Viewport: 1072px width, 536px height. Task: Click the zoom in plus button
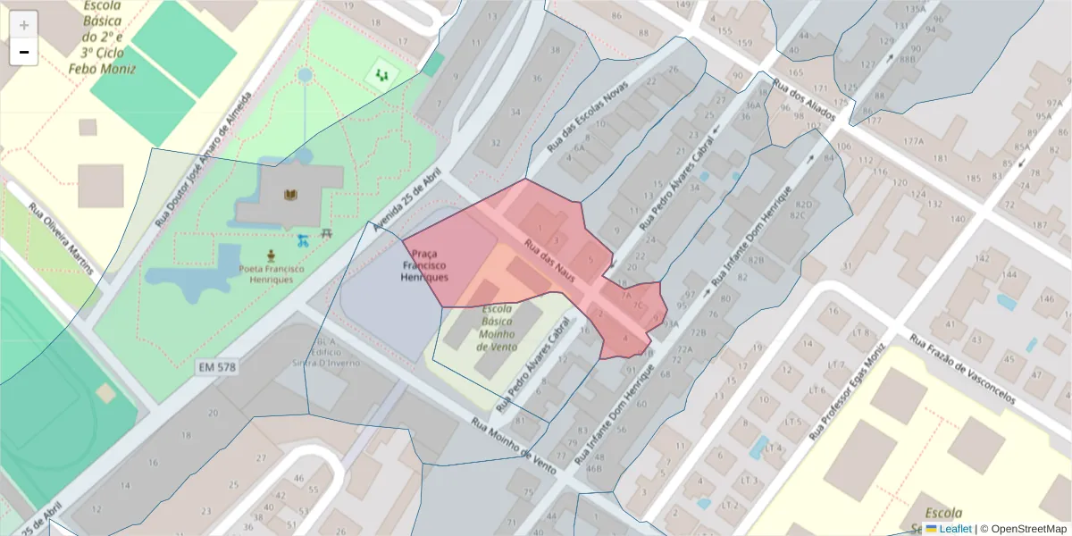pos(23,25)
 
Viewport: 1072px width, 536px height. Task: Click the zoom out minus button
pos(23,52)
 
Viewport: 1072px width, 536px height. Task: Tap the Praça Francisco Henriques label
pos(424,265)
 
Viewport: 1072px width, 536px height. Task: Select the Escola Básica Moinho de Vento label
pos(498,327)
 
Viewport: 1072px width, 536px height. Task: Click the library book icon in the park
pos(290,195)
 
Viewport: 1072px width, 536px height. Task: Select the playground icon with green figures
pos(382,76)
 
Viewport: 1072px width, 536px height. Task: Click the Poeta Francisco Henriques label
pos(272,273)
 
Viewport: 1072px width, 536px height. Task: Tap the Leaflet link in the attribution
pos(948,529)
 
